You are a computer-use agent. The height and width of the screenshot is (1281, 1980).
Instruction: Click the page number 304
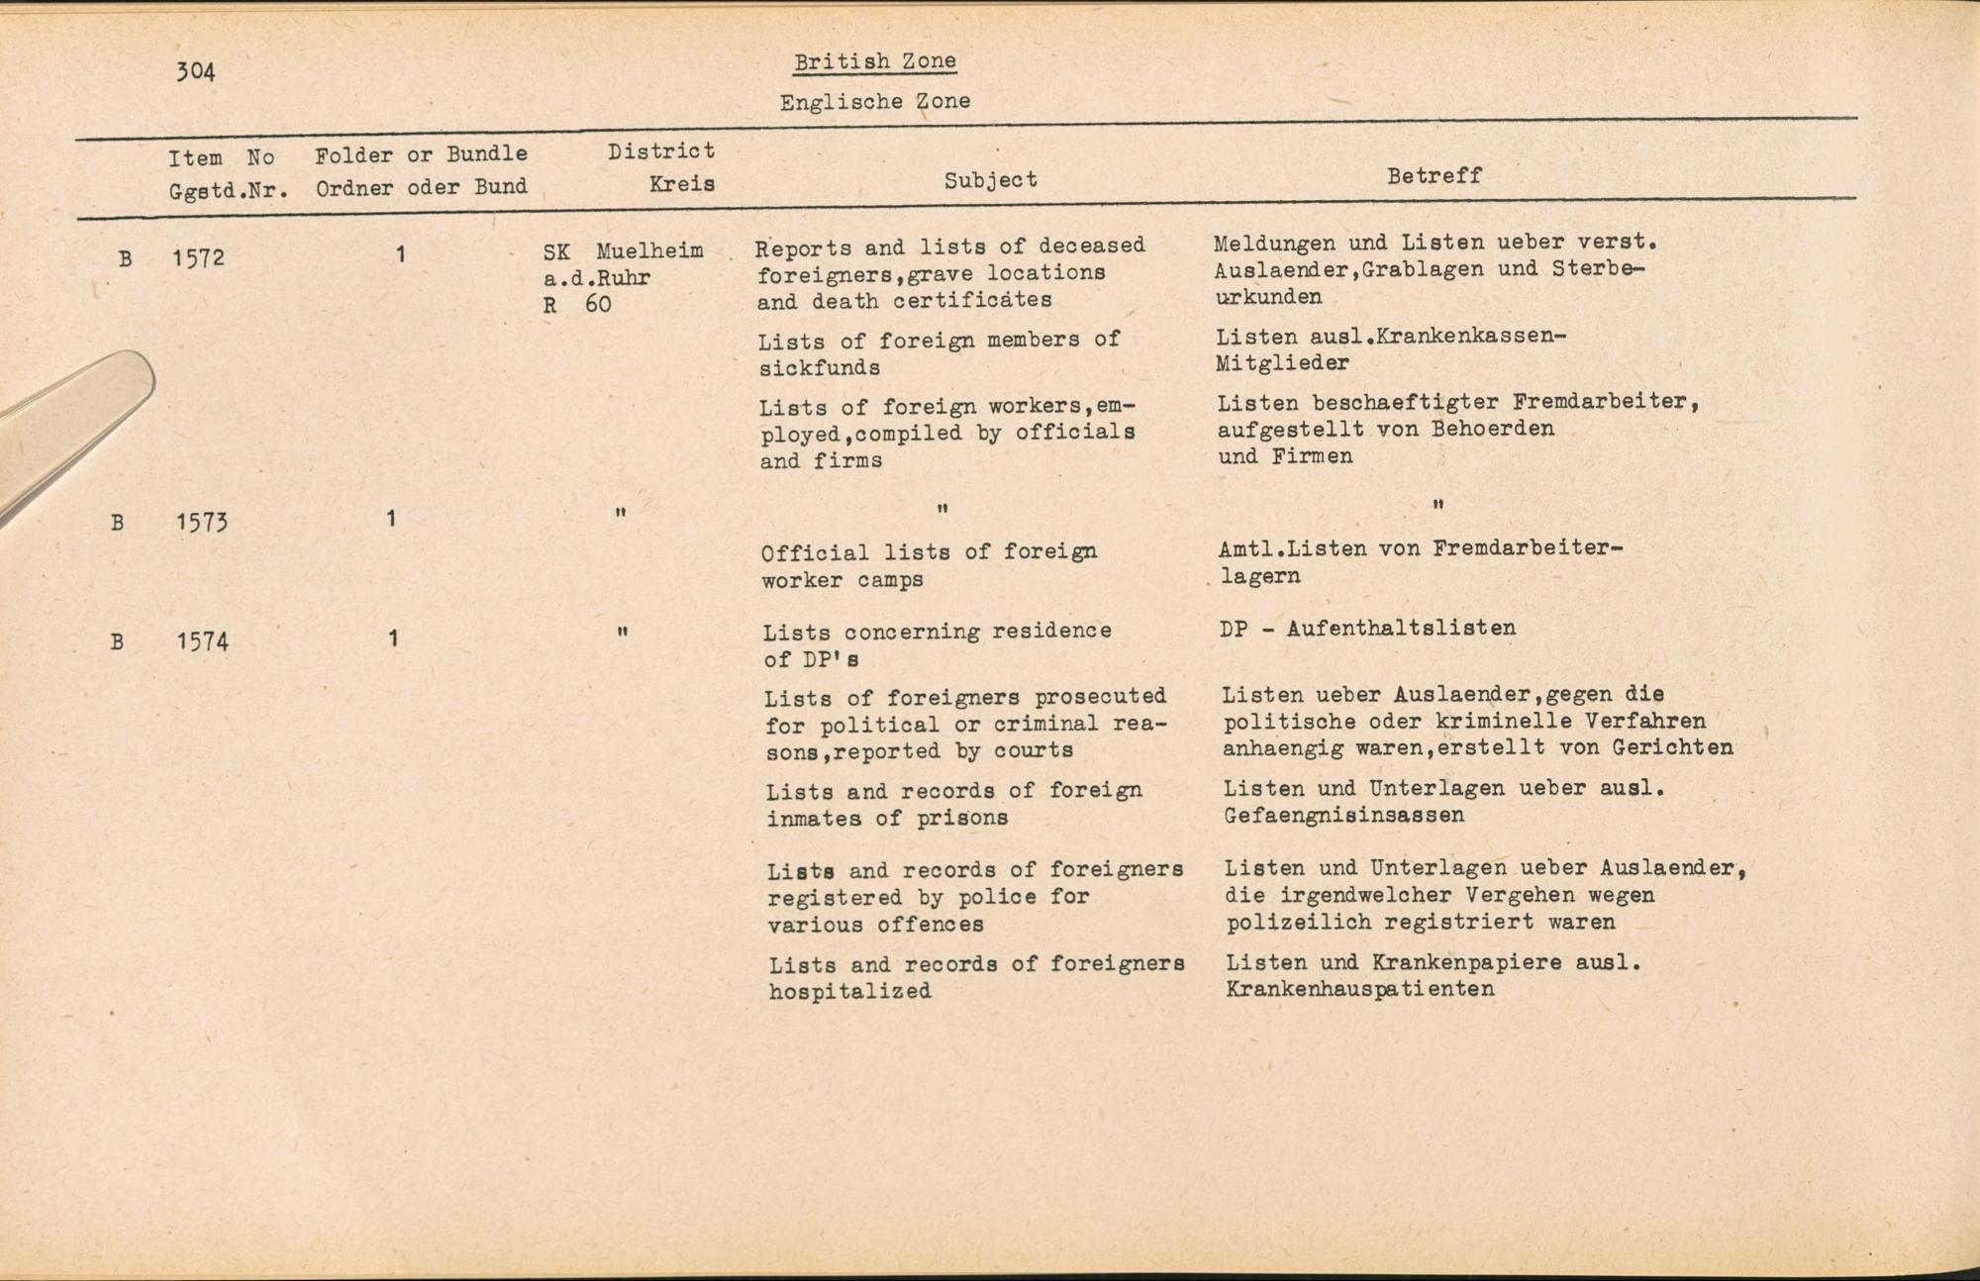coord(195,71)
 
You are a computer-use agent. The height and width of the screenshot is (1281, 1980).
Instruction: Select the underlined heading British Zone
coord(874,61)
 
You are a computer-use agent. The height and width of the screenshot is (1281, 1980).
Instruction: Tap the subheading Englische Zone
coord(874,102)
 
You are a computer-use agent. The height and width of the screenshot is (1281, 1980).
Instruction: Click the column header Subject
coord(990,180)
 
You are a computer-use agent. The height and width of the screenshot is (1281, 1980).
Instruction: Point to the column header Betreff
coord(1434,176)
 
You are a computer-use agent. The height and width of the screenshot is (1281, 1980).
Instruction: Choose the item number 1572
coord(198,259)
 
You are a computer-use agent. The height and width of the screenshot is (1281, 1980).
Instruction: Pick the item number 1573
coord(202,522)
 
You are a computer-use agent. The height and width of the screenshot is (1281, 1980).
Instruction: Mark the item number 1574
coord(202,641)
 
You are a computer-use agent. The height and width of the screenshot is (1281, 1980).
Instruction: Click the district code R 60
coord(577,305)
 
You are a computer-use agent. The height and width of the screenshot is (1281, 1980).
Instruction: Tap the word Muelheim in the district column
coord(649,251)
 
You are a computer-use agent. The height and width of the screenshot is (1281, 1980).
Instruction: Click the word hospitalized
coord(849,991)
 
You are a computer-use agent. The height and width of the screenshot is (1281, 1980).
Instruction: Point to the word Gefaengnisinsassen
coord(1343,816)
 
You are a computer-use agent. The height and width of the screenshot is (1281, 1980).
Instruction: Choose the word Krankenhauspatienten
coord(1359,989)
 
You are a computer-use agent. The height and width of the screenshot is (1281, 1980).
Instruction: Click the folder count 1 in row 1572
coord(400,255)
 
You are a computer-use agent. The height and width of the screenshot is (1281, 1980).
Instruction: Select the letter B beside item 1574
coord(117,641)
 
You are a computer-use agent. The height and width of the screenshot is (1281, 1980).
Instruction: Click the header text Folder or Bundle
coord(421,154)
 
